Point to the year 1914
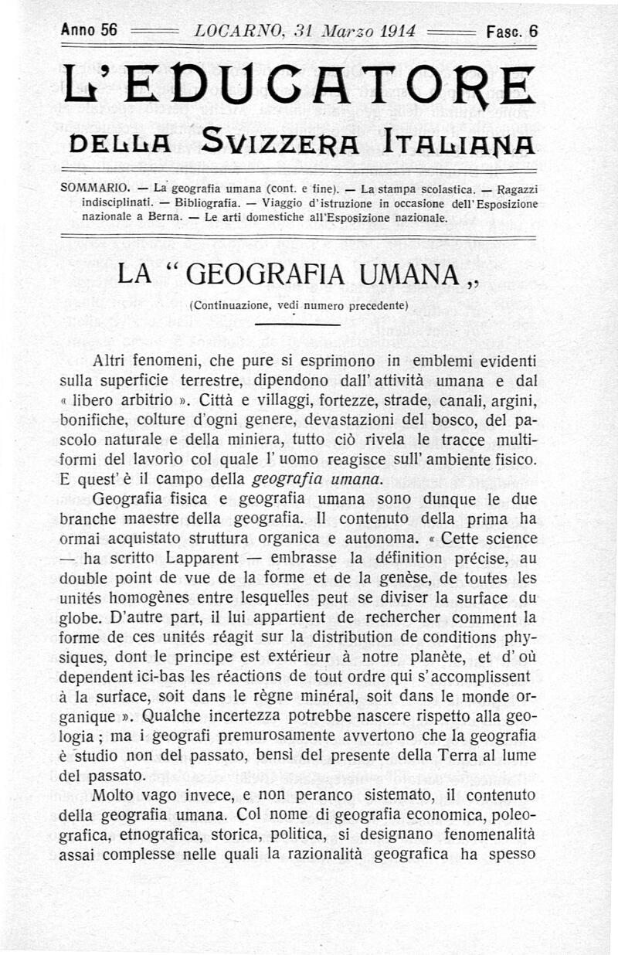click(394, 32)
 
